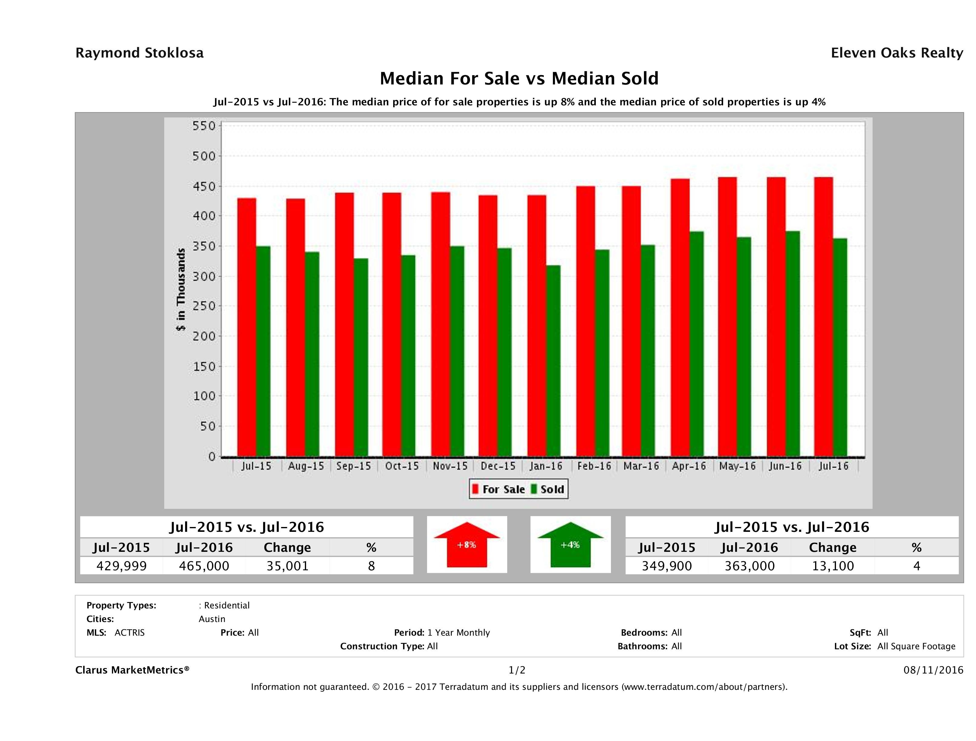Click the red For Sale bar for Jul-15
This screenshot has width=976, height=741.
tap(247, 327)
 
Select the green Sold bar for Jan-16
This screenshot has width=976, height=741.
tap(553, 360)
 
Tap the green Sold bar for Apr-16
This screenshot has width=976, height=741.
tap(696, 344)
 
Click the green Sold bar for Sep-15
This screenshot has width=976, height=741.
tap(361, 357)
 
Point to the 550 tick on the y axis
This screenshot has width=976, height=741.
tap(204, 126)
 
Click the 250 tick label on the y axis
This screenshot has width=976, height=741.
tap(204, 306)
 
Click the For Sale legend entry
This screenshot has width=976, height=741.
tap(499, 489)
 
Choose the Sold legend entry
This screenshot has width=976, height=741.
tap(547, 489)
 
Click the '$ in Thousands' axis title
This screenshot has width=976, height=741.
tap(181, 289)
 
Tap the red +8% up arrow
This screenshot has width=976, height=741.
tap(467, 545)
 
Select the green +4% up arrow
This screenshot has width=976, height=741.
tap(570, 545)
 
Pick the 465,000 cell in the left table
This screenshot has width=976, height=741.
tap(204, 566)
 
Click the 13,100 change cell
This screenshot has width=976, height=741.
tap(833, 566)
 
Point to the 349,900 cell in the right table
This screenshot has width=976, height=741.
tap(666, 566)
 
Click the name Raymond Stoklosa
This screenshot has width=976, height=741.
tap(139, 53)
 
